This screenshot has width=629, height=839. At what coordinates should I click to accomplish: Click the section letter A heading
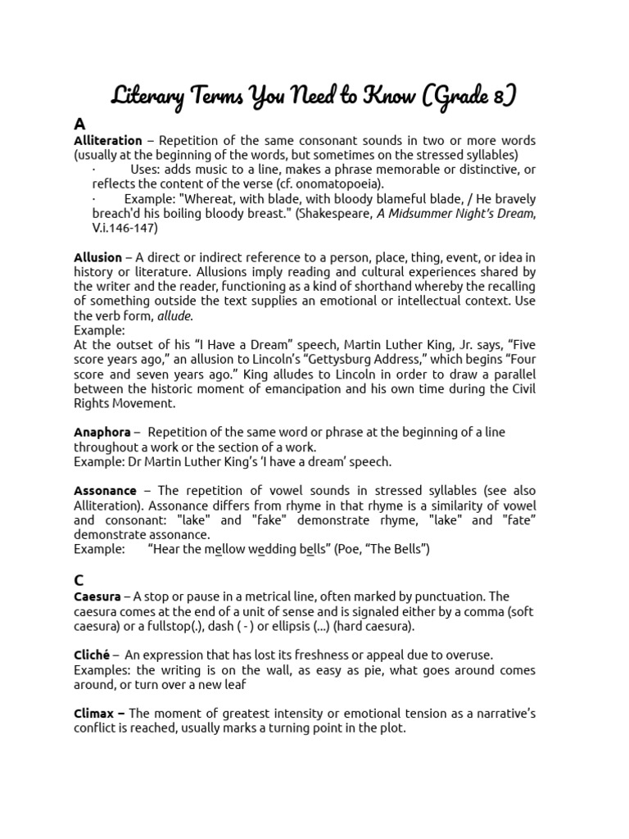coord(79,124)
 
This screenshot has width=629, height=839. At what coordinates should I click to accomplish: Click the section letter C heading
coord(79,579)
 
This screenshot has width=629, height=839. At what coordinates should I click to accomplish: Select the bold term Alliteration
coord(107,141)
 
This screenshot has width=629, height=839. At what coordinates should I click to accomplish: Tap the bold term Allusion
coord(97,258)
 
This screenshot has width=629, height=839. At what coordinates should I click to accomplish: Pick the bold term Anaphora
coord(102,432)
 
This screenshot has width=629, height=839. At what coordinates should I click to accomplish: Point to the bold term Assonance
coord(105,491)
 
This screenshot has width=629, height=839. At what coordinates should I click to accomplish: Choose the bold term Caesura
coord(97,596)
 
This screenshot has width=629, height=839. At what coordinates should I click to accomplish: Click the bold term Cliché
coord(93,655)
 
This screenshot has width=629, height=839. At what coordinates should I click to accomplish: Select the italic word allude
coord(174,316)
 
